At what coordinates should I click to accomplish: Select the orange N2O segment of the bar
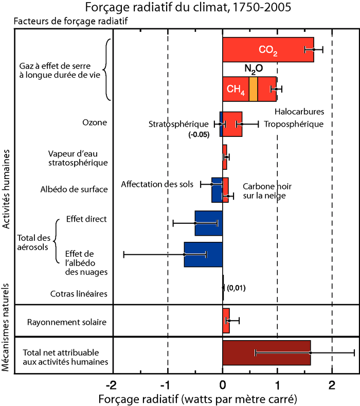coord(253,89)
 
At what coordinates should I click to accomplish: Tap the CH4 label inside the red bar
coord(235,90)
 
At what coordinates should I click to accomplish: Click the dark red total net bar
coord(266,352)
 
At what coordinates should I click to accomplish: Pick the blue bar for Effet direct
coord(208,223)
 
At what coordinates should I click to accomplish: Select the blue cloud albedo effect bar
coord(203,254)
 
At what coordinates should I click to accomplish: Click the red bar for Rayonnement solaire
coord(226,321)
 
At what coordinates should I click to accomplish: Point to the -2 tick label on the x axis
coord(111,385)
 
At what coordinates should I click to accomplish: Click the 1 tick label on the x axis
coord(278,385)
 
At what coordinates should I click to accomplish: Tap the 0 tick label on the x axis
coord(223,385)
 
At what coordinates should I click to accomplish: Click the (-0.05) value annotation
coord(199,135)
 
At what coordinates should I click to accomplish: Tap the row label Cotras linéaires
coord(79,294)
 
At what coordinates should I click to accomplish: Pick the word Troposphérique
coord(294,124)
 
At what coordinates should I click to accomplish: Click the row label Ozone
coord(95,122)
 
